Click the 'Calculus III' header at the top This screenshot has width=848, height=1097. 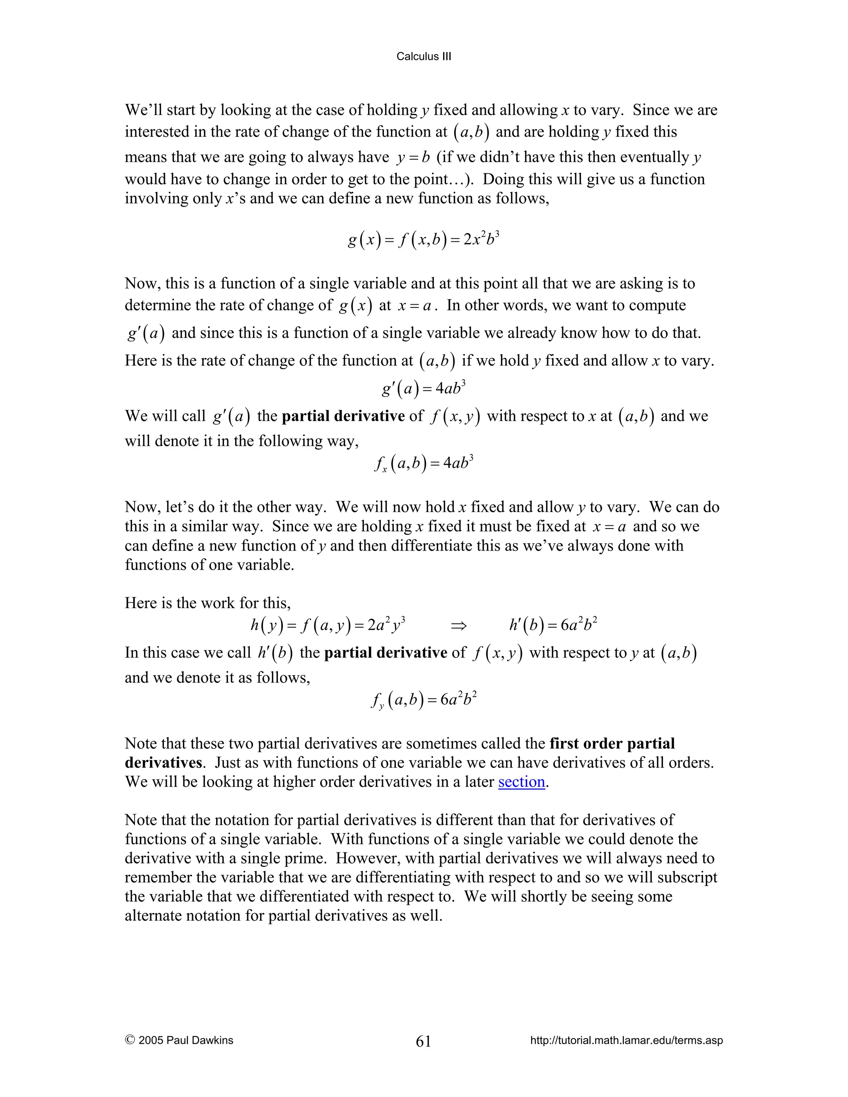coord(424,57)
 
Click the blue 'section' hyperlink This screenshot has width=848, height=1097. coord(521,782)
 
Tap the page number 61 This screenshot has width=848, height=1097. coord(424,1041)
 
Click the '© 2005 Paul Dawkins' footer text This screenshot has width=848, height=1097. coord(179,1040)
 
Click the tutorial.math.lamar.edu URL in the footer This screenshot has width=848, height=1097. coord(626,1040)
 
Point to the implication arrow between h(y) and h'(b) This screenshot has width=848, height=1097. coord(458,626)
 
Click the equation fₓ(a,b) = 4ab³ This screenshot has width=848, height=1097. coord(424,463)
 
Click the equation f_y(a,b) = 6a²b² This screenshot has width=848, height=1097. coord(424,700)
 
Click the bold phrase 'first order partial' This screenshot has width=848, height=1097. coord(612,743)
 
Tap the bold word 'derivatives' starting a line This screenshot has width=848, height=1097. coord(163,763)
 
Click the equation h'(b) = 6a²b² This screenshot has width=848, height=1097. coord(553,625)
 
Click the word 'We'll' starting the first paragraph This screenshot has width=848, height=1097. coord(144,110)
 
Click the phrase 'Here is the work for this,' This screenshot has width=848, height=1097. coord(207,603)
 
